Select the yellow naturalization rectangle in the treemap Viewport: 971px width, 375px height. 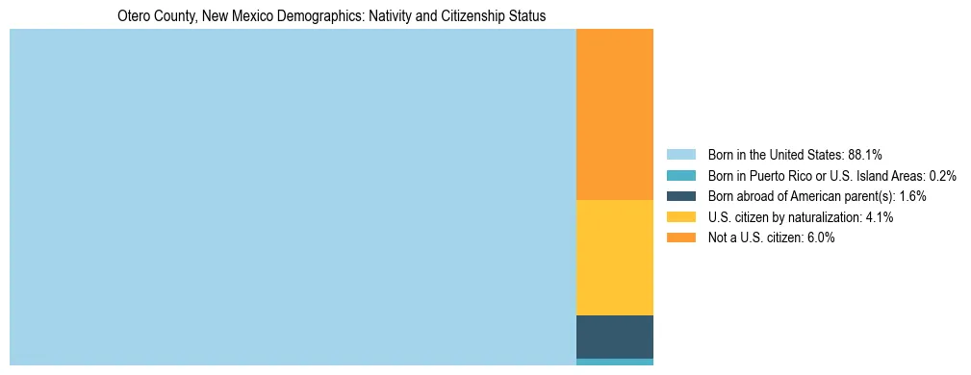click(614, 257)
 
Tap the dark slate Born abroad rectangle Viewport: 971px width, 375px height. click(614, 337)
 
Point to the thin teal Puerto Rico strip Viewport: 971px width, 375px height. click(614, 362)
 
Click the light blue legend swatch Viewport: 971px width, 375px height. click(680, 154)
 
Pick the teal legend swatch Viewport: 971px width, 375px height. click(680, 175)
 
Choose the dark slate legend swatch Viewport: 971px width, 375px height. click(680, 196)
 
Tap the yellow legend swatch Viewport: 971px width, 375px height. click(680, 217)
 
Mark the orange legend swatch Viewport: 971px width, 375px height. click(680, 237)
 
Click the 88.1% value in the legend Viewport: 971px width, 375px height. click(865, 154)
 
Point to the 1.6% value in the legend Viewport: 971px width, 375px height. click(913, 196)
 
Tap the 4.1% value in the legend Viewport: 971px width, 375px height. click(880, 217)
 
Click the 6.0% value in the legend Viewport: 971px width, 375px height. click(821, 237)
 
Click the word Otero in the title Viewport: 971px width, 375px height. click(134, 16)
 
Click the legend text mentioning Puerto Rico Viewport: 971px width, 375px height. click(817, 175)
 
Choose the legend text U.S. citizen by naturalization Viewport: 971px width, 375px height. click(784, 217)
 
